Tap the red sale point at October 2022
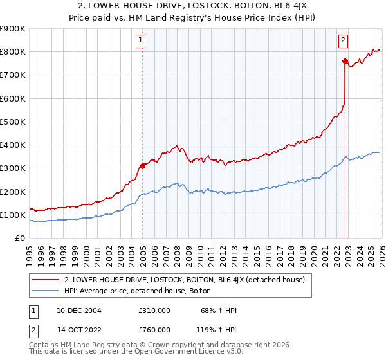point(345,61)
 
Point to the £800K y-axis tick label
point(13,52)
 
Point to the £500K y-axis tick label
point(13,122)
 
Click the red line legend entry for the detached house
point(188,280)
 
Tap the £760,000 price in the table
point(154,329)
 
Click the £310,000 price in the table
point(154,310)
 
